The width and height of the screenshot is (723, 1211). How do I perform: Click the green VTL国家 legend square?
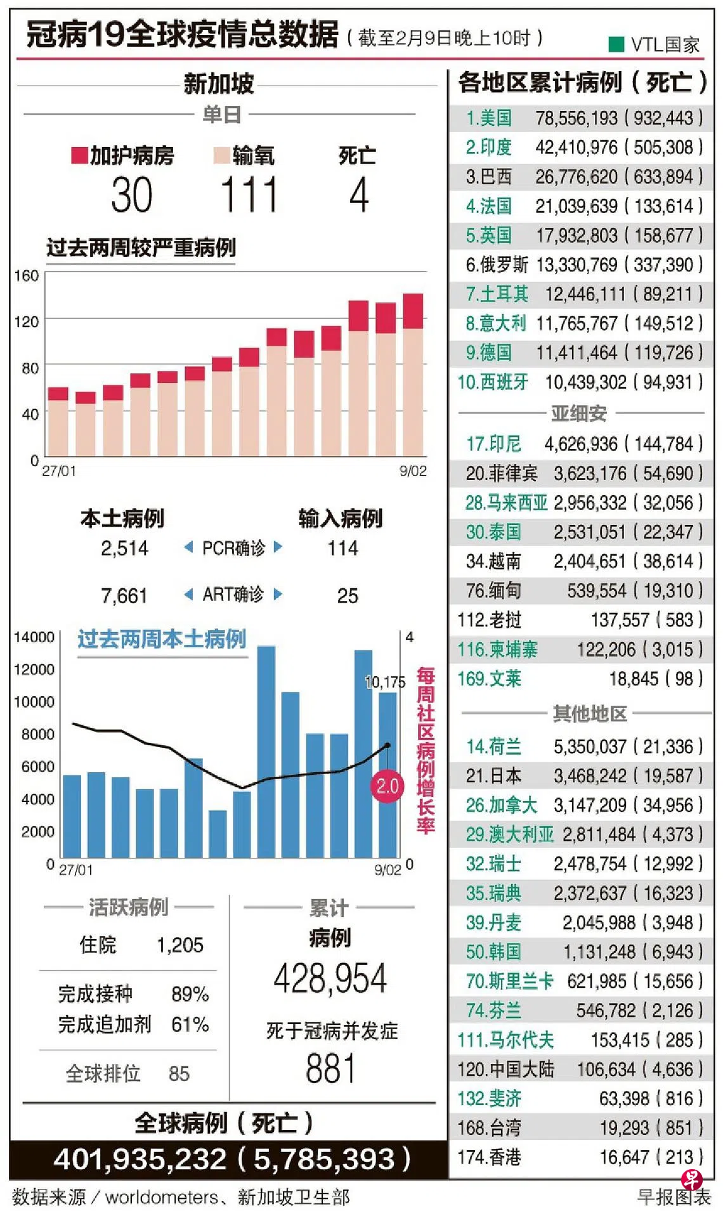(x=616, y=44)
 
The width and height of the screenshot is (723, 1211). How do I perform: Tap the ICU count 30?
(x=132, y=195)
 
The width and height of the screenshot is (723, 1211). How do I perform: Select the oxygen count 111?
(x=249, y=195)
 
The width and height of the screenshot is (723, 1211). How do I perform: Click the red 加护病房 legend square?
(x=79, y=155)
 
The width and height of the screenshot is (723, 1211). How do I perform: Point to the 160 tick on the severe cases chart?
(x=27, y=276)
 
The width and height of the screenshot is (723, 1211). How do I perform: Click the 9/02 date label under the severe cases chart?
(x=413, y=471)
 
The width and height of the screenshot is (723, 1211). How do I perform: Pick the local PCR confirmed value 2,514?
(x=124, y=548)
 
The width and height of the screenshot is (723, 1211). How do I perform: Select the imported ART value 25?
(x=348, y=595)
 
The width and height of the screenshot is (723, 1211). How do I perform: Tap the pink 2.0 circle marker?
(x=387, y=786)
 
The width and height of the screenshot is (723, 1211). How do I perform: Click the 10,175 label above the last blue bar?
(x=385, y=682)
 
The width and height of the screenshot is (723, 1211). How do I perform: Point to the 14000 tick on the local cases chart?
(x=34, y=637)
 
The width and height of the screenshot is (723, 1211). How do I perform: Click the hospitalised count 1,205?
(x=180, y=945)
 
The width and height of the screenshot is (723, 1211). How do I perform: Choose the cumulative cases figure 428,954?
(x=330, y=978)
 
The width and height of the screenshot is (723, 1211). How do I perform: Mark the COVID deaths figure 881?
(x=330, y=1068)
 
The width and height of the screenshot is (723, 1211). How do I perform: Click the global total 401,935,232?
(x=140, y=1160)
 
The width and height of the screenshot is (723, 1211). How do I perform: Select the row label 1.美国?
(x=488, y=118)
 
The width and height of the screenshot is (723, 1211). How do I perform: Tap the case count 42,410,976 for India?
(x=576, y=148)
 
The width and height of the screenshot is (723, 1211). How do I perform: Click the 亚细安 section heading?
(x=578, y=413)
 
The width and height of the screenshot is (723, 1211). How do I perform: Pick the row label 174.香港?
(x=489, y=1157)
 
